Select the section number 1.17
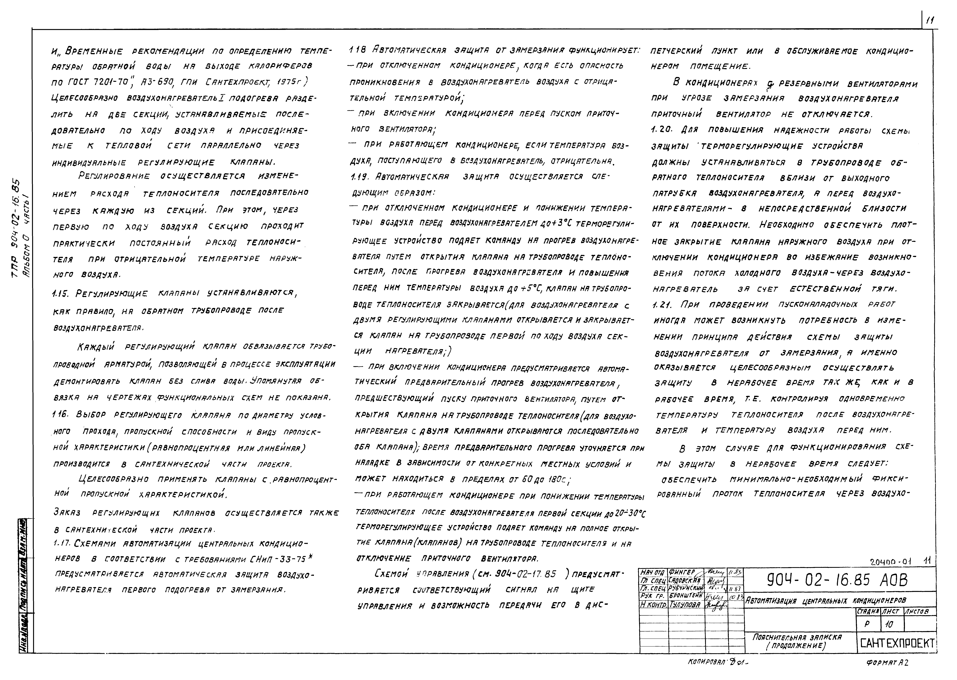[x=64, y=544]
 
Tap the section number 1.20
[x=661, y=130]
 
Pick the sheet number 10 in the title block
[x=889, y=624]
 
